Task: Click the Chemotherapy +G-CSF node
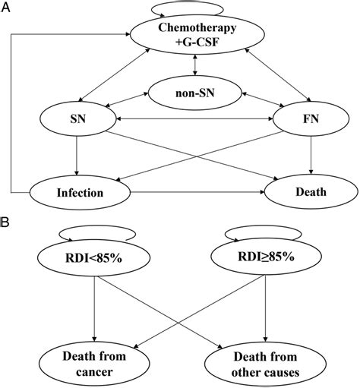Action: point(197,34)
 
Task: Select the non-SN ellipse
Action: point(194,93)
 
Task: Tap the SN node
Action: point(78,118)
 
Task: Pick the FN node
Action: point(311,118)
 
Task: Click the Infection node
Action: point(80,193)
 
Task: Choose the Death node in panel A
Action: point(311,191)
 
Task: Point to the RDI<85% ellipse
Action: point(94,258)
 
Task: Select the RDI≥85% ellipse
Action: point(266,257)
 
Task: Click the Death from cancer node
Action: point(94,364)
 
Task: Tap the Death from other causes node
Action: point(265,364)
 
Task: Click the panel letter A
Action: point(5,8)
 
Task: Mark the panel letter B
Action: point(5,222)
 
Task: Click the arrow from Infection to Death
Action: point(197,192)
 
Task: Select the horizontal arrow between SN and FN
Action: point(194,118)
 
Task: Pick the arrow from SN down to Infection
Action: point(77,156)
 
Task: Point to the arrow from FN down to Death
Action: point(311,156)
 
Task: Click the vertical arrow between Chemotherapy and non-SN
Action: point(194,65)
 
